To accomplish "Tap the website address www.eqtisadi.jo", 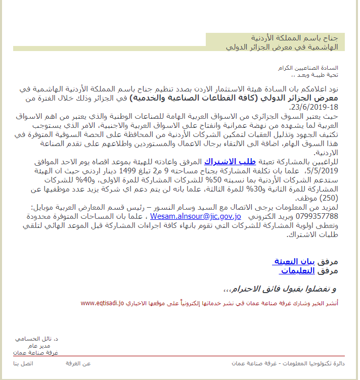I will pos(102,303).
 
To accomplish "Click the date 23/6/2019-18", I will pos(313,107).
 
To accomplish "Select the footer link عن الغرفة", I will pos(78,364).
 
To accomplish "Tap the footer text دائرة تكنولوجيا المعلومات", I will pos(318,364).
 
